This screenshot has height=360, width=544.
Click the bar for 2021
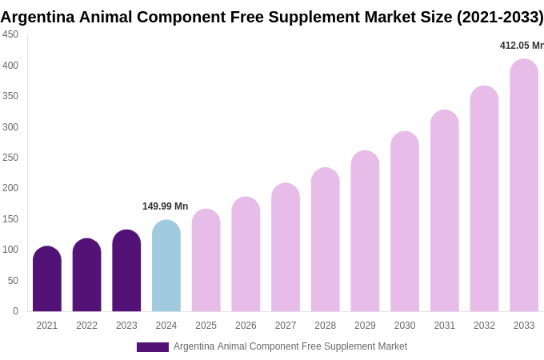47,279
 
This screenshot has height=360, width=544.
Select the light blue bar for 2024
166,266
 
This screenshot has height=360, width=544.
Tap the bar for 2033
524,186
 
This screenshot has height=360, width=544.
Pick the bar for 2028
326,240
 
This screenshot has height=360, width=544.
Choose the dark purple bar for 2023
126,271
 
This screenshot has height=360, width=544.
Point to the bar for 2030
405,222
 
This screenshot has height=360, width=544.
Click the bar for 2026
246,254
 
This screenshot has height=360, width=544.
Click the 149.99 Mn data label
166,206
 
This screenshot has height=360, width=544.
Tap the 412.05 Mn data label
522,46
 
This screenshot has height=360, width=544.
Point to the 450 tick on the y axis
10,34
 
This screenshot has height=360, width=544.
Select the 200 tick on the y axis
10,188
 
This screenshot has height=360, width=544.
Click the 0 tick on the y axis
15,311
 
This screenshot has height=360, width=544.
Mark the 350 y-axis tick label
10,96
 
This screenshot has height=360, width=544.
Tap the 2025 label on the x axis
206,326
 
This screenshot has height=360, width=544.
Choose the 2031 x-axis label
444,326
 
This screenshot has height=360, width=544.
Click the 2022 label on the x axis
86,326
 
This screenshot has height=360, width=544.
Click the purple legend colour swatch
152,347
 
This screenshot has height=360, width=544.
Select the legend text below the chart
290,346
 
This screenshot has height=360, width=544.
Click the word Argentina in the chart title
38,17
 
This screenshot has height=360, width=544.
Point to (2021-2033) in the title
500,17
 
